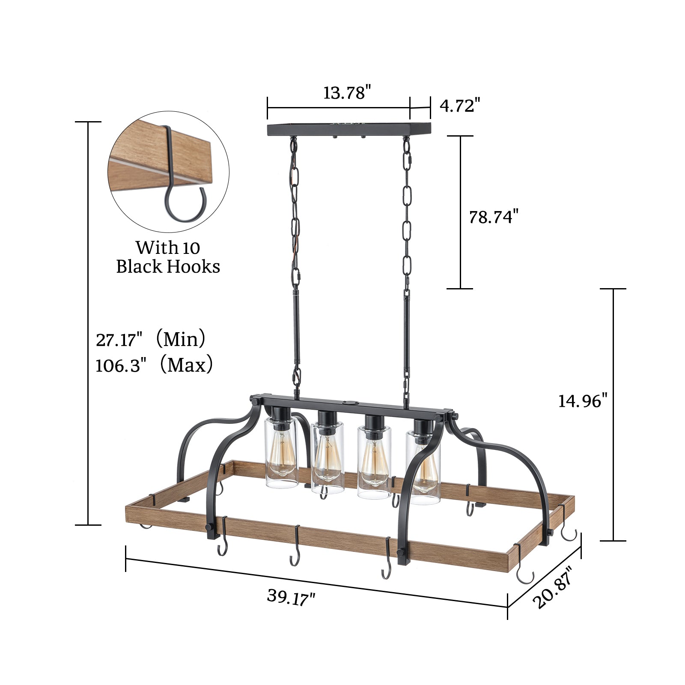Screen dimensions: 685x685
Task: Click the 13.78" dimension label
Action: tap(347, 93)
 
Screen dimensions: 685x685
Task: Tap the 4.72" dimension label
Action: tap(457, 106)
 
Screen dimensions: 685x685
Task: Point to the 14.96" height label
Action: tap(583, 401)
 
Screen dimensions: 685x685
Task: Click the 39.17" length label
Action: tap(291, 597)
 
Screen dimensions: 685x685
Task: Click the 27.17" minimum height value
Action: tap(119, 340)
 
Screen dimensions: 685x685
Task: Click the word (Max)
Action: tap(186, 365)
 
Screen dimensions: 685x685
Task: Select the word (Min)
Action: tap(181, 339)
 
